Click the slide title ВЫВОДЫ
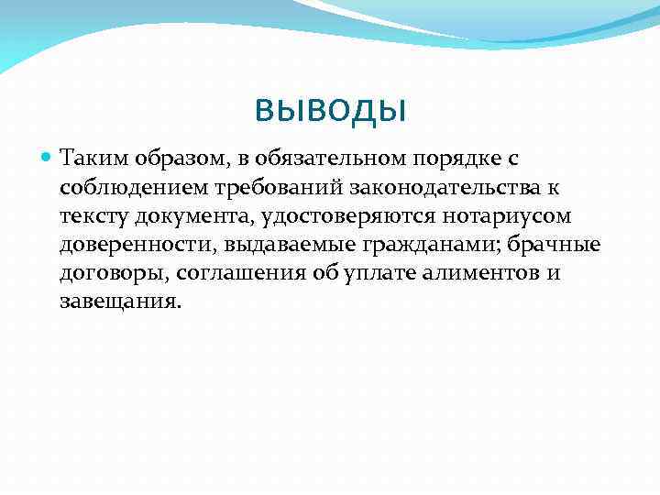330,112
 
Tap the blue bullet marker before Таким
48,158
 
